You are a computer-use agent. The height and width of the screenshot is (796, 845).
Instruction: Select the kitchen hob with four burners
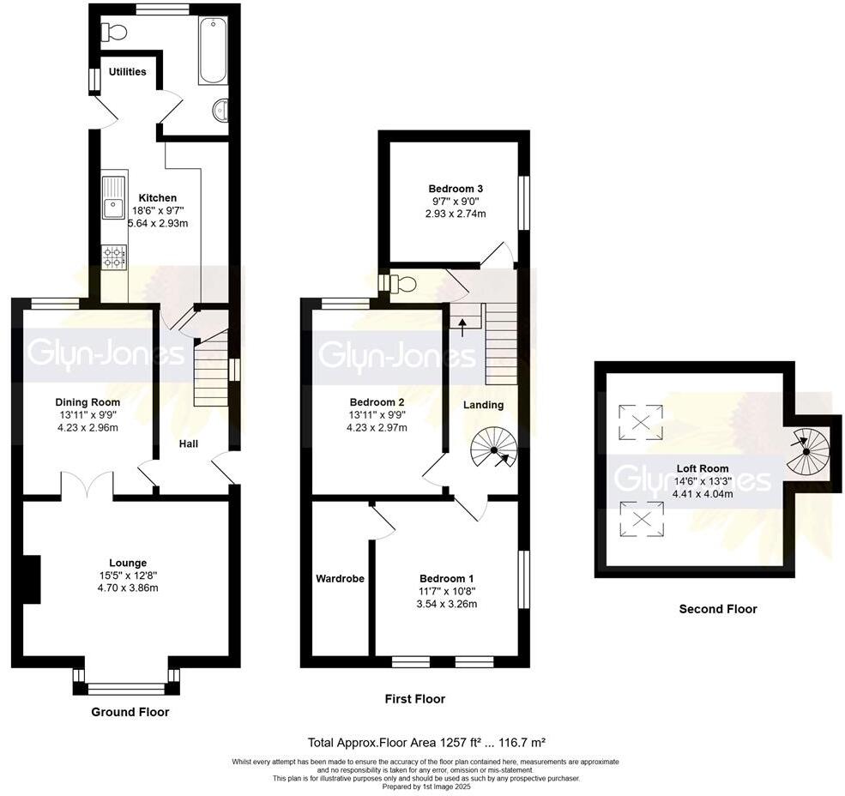click(x=114, y=256)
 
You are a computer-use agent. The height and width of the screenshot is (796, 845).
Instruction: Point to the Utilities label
click(x=127, y=72)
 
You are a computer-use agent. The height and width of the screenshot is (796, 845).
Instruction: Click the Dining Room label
click(x=88, y=402)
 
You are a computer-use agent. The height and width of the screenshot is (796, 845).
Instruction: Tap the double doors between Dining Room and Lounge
click(x=88, y=485)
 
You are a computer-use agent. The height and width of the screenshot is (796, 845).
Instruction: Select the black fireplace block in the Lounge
click(x=31, y=579)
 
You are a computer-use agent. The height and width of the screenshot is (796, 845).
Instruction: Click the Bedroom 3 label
click(x=456, y=189)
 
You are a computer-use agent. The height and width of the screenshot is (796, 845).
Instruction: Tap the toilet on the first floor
click(x=400, y=283)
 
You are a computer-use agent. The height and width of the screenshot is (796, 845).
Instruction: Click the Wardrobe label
click(x=340, y=579)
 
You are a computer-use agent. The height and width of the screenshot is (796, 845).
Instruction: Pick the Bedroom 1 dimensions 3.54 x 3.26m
click(x=448, y=604)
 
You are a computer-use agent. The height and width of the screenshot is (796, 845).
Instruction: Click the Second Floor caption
click(x=718, y=609)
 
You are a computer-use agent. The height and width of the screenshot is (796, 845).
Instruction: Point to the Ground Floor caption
click(x=130, y=712)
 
